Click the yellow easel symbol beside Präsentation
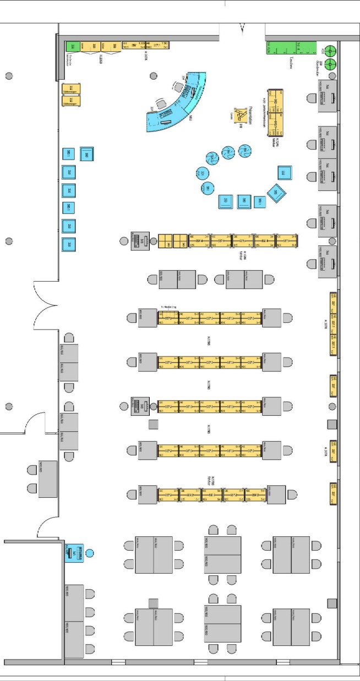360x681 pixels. pos(241,115)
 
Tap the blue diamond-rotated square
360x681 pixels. pos(275,193)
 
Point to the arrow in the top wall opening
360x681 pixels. pos(242,27)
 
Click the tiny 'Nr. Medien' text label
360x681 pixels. pos(167,308)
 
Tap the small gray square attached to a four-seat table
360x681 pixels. pos(154,603)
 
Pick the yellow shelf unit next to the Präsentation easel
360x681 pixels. pos(275,112)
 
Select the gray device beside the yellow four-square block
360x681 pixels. pos(140,240)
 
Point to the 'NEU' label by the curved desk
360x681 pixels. pos(189,118)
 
